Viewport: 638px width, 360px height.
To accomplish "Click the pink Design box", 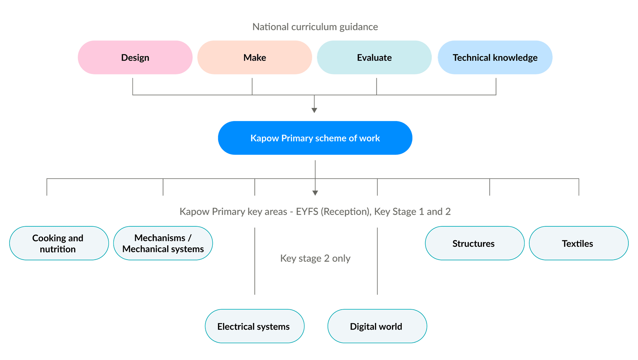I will (135, 58).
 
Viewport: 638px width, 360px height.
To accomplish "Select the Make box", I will (254, 58).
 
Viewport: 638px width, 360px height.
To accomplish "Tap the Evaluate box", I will (374, 58).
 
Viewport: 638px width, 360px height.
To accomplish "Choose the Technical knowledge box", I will (495, 58).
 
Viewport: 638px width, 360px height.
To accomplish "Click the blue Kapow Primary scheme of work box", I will (315, 138).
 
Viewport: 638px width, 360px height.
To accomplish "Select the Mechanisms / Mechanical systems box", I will (163, 243).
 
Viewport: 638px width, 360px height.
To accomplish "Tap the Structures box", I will (474, 243).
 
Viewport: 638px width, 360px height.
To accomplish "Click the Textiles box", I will (578, 243).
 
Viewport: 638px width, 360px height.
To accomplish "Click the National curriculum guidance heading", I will (315, 27).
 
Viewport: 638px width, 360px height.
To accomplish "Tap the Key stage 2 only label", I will (315, 258).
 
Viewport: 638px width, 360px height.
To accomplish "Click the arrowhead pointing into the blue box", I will (314, 110).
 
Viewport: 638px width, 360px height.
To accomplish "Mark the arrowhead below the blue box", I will (315, 193).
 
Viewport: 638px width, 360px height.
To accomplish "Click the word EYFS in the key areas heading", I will (307, 212).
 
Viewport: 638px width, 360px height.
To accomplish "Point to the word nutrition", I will (58, 249).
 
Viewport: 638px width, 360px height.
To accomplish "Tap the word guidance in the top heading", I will (359, 27).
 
